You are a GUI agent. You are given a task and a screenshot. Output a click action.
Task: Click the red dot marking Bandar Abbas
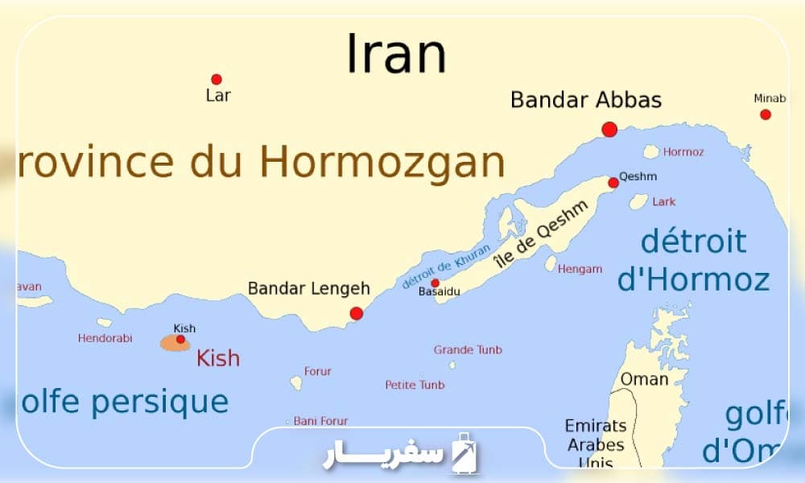[609, 129]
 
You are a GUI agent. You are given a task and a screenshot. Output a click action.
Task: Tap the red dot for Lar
[217, 79]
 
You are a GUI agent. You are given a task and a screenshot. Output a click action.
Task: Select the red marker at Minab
[766, 114]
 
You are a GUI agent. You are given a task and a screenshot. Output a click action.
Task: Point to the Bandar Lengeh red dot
[357, 313]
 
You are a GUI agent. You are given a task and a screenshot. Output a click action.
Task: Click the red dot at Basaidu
[435, 283]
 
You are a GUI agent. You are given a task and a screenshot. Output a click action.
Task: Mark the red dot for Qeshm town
[613, 183]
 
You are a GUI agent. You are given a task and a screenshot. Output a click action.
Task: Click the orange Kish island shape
[175, 343]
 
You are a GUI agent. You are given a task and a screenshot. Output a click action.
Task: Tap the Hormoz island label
[684, 151]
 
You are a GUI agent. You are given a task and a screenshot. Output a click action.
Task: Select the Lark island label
[664, 201]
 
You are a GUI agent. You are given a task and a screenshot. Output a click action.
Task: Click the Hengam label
[579, 269]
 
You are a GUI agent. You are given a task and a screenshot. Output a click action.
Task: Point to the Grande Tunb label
[468, 349]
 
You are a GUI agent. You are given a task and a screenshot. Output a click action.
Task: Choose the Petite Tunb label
[415, 385]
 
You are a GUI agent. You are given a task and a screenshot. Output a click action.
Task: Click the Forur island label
[317, 372]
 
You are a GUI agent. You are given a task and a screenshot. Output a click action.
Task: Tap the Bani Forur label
[320, 421]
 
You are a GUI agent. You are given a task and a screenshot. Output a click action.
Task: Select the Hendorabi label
[105, 338]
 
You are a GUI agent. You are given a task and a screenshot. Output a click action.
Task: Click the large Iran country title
[396, 55]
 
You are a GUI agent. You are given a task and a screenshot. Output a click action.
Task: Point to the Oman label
[644, 378]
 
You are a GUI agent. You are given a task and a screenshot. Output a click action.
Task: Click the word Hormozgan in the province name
[382, 163]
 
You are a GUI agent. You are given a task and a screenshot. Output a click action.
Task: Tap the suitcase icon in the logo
[464, 452]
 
